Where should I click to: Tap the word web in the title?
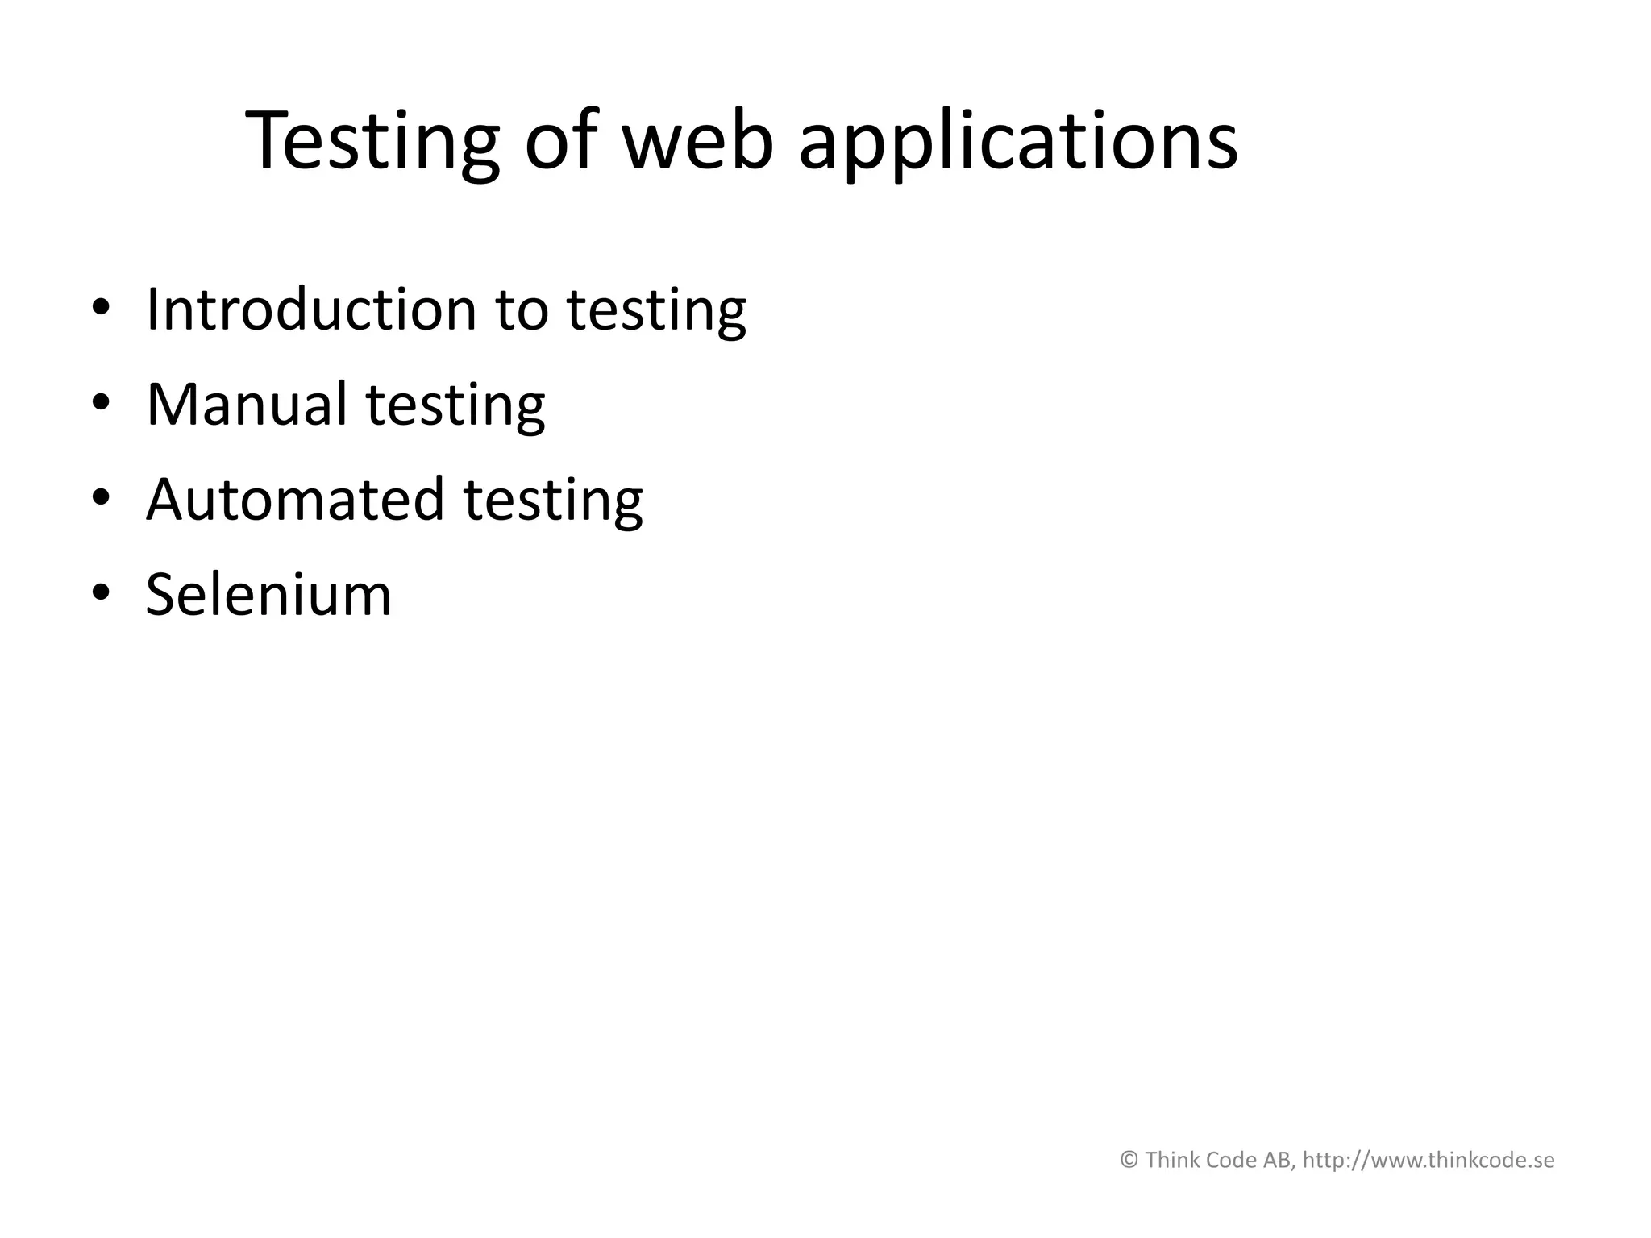point(698,141)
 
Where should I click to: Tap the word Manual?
point(246,404)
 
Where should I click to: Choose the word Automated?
point(294,499)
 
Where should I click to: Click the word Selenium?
point(268,595)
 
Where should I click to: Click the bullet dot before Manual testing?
point(100,404)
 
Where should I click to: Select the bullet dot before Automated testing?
point(100,499)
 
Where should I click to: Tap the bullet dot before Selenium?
point(100,595)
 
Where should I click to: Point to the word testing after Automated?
point(553,501)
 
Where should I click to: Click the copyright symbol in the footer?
point(1129,1161)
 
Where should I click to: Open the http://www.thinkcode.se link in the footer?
point(1429,1161)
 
